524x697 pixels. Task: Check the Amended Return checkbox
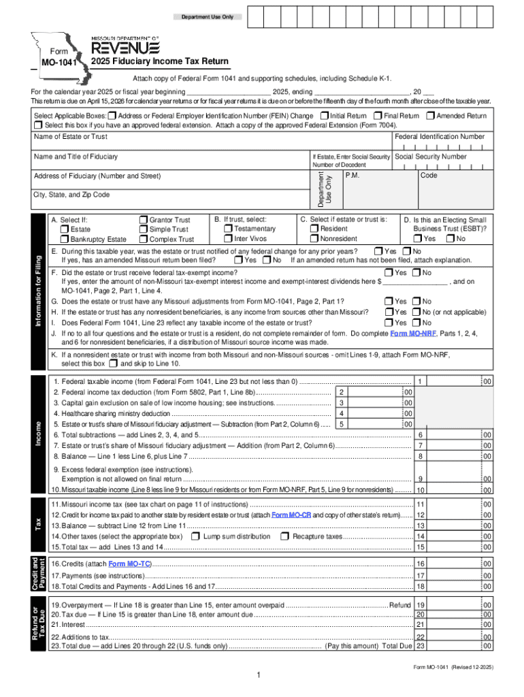tap(431, 116)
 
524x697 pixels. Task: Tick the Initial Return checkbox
tap(324, 116)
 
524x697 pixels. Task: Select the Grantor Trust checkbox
tap(143, 220)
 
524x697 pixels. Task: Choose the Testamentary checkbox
tap(228, 229)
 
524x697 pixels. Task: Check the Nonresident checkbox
tap(314, 239)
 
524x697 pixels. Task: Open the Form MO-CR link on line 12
tap(291, 515)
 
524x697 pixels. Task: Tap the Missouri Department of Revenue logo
tap(125, 46)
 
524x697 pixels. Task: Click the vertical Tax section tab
tap(39, 525)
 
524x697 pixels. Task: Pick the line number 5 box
tap(342, 424)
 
